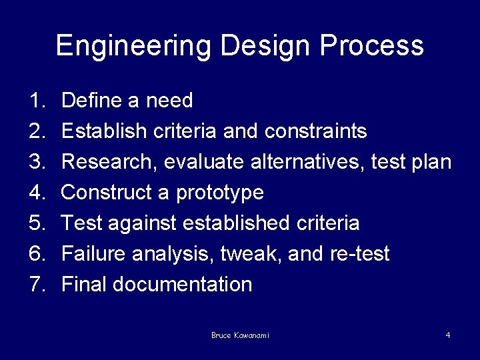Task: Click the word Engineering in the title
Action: [133, 45]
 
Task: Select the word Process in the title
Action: [372, 45]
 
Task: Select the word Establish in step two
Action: [103, 131]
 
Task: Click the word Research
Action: [109, 162]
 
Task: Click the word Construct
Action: [106, 193]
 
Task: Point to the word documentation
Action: [182, 285]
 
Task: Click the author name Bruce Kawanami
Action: [240, 335]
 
